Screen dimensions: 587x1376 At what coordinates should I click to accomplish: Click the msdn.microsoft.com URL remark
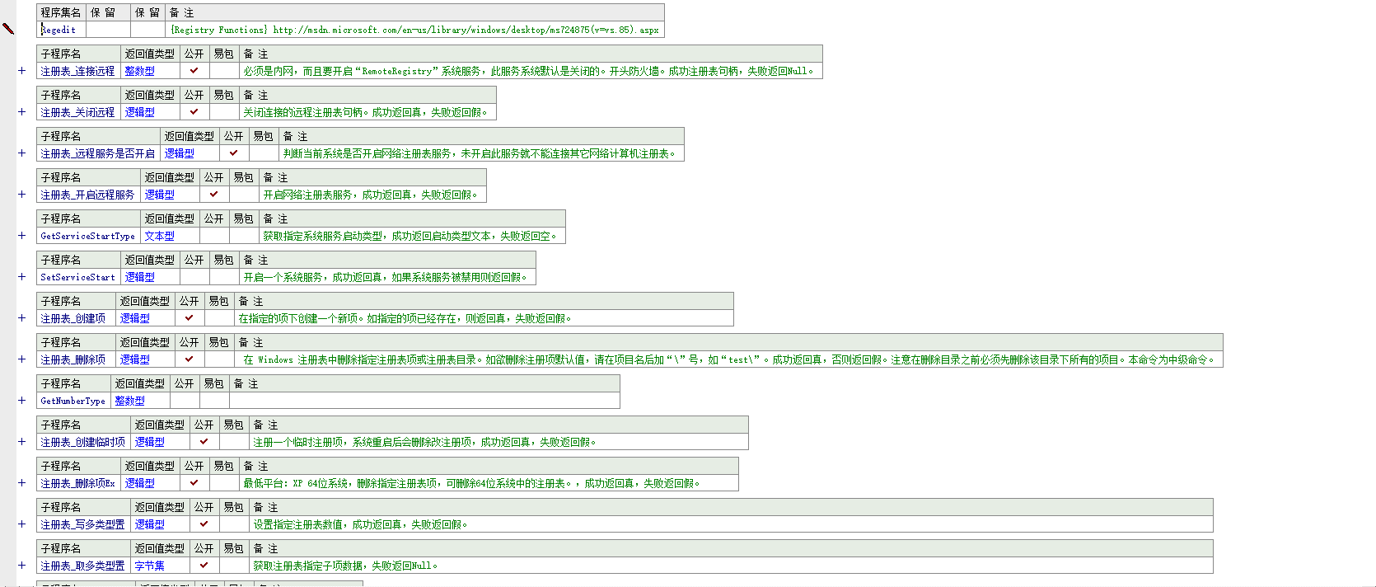tap(414, 30)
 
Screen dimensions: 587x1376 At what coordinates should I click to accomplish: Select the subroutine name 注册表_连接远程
tap(77, 71)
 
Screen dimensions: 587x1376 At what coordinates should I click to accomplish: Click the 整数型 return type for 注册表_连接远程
tap(140, 71)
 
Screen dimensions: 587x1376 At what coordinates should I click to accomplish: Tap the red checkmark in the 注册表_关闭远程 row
tap(194, 111)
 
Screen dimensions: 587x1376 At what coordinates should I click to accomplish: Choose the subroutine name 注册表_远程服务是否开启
tap(97, 153)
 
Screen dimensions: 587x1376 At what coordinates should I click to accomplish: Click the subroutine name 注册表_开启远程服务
tap(87, 195)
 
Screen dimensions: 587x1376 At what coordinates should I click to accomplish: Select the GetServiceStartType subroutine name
tap(87, 236)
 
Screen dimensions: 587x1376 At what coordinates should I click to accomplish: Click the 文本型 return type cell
tap(160, 236)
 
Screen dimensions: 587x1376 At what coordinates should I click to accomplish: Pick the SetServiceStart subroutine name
tap(77, 277)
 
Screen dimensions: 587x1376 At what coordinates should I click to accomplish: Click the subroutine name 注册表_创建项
tap(73, 318)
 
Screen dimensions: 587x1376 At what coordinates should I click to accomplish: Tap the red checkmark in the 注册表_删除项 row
tap(189, 359)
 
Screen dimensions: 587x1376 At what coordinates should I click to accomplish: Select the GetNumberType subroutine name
tap(73, 401)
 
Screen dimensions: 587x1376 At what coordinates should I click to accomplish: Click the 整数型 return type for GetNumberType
tap(130, 401)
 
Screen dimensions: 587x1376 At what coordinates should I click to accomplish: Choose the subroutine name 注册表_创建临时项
tap(82, 442)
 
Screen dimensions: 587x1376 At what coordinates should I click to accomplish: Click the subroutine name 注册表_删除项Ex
tap(77, 483)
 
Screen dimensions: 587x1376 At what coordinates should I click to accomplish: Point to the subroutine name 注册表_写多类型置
tap(82, 524)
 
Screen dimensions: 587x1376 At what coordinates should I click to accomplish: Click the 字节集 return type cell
tap(150, 566)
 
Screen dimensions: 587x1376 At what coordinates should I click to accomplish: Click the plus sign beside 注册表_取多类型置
tap(22, 566)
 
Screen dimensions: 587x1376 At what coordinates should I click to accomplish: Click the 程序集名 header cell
tap(61, 12)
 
